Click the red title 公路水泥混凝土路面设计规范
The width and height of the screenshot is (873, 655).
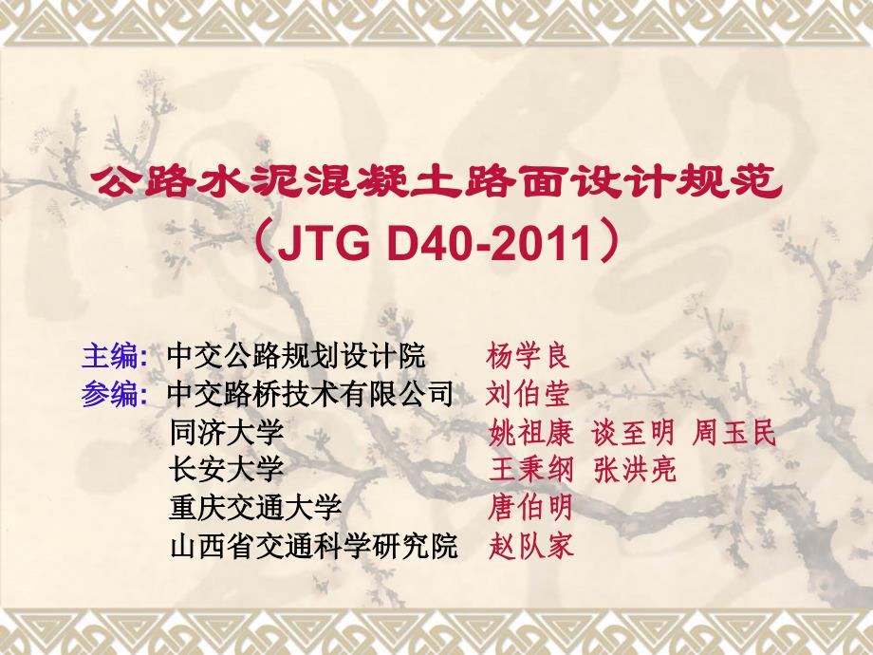point(437,182)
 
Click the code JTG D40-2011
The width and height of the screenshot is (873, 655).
point(435,243)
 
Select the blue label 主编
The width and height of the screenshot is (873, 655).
point(110,355)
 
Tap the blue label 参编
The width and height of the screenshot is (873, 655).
point(110,394)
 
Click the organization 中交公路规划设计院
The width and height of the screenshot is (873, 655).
point(296,355)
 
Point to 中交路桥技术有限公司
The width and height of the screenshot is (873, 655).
point(310,394)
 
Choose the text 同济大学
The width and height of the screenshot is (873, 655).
point(227,432)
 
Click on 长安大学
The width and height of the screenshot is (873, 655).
point(227,469)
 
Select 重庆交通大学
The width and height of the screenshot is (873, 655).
point(255,508)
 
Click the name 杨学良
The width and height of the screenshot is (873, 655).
point(528,356)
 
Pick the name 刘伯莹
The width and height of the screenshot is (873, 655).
point(528,394)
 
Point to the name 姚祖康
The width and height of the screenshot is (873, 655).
point(531,432)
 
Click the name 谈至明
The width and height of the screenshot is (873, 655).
point(633,432)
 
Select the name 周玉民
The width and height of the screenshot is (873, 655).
point(734,432)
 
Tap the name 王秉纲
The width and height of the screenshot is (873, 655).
point(531,469)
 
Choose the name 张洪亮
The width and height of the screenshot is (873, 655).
point(635,469)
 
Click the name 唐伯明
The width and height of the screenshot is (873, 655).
point(530,508)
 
